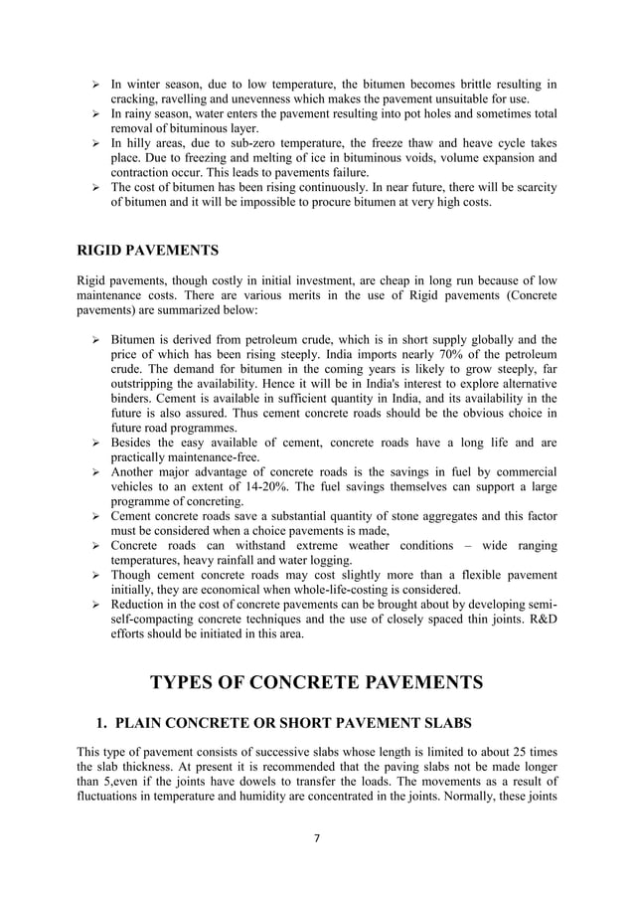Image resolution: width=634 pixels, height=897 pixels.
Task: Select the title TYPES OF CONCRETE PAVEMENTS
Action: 316,682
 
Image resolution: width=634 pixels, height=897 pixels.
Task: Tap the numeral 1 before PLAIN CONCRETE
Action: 99,721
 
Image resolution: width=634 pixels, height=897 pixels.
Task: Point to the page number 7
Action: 316,837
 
